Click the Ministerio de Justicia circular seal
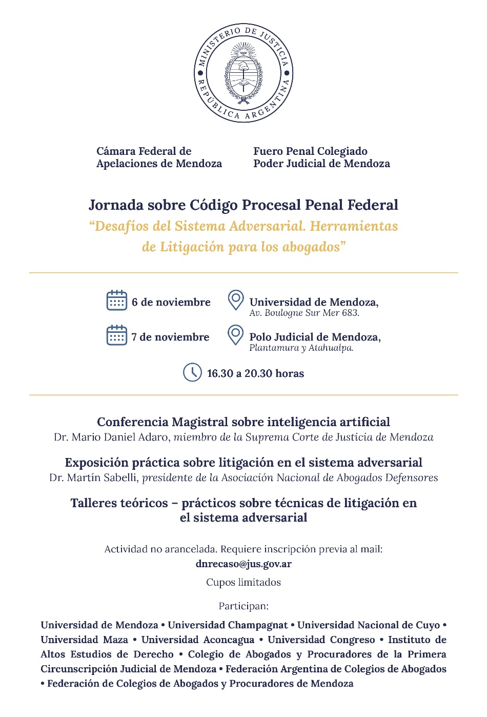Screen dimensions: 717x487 pos(243,73)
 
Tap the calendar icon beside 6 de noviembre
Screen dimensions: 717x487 pos(116,301)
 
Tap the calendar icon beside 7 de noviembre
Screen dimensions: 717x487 pos(116,335)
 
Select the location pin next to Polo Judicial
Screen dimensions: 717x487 pos(235,334)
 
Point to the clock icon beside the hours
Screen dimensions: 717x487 pos(192,372)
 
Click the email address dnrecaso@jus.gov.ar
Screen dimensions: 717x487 pos(243,564)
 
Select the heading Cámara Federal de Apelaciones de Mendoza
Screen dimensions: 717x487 pos(159,157)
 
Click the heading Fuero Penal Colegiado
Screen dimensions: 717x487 pos(310,151)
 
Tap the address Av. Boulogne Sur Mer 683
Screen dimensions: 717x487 pos(304,313)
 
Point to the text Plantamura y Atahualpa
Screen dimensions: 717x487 pos(301,348)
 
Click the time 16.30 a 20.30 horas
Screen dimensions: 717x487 pos(255,373)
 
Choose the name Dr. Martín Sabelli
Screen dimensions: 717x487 pos(93,478)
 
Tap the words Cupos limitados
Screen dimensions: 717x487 pos(243,582)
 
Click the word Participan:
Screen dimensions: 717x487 pos(243,606)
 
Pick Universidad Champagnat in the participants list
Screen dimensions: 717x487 pos(228,625)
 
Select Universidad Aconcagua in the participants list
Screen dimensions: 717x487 pos(197,640)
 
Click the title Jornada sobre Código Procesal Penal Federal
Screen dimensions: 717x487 pos(243,205)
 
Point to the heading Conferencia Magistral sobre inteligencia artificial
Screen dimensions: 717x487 pos(243,422)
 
